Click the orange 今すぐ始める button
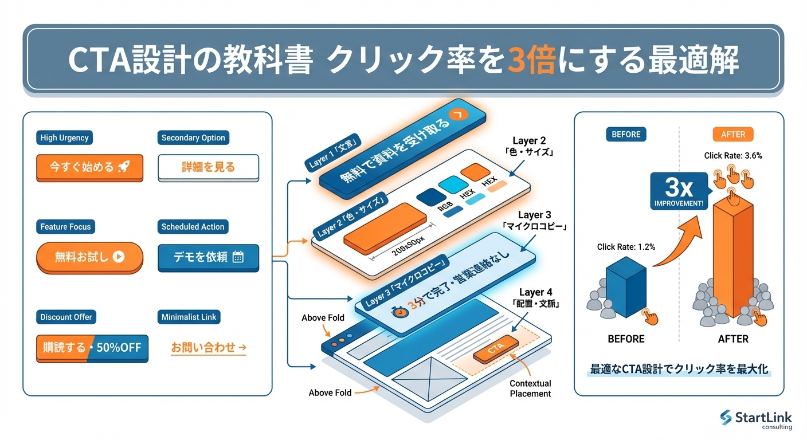point(89,167)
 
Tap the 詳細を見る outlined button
point(208,167)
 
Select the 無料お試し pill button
point(89,257)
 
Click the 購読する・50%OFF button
point(92,348)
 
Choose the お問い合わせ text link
point(208,347)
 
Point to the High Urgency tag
point(64,137)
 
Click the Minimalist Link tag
point(189,317)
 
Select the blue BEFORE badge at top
point(626,134)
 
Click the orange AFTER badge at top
point(733,134)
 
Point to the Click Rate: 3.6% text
point(733,155)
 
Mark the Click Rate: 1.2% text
point(626,247)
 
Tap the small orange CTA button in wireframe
point(496,350)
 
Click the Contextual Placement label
point(530,388)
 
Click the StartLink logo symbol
point(726,418)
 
